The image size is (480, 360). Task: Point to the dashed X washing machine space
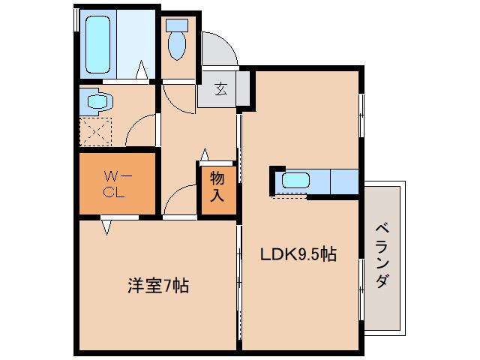point(95,132)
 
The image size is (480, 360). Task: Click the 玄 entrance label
point(221,89)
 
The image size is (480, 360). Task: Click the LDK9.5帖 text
point(298,254)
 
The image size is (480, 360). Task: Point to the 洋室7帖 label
point(157,286)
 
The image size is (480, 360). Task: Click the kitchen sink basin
point(295,181)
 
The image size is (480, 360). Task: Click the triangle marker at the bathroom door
point(142,73)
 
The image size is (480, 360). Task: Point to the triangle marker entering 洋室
point(107,224)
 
